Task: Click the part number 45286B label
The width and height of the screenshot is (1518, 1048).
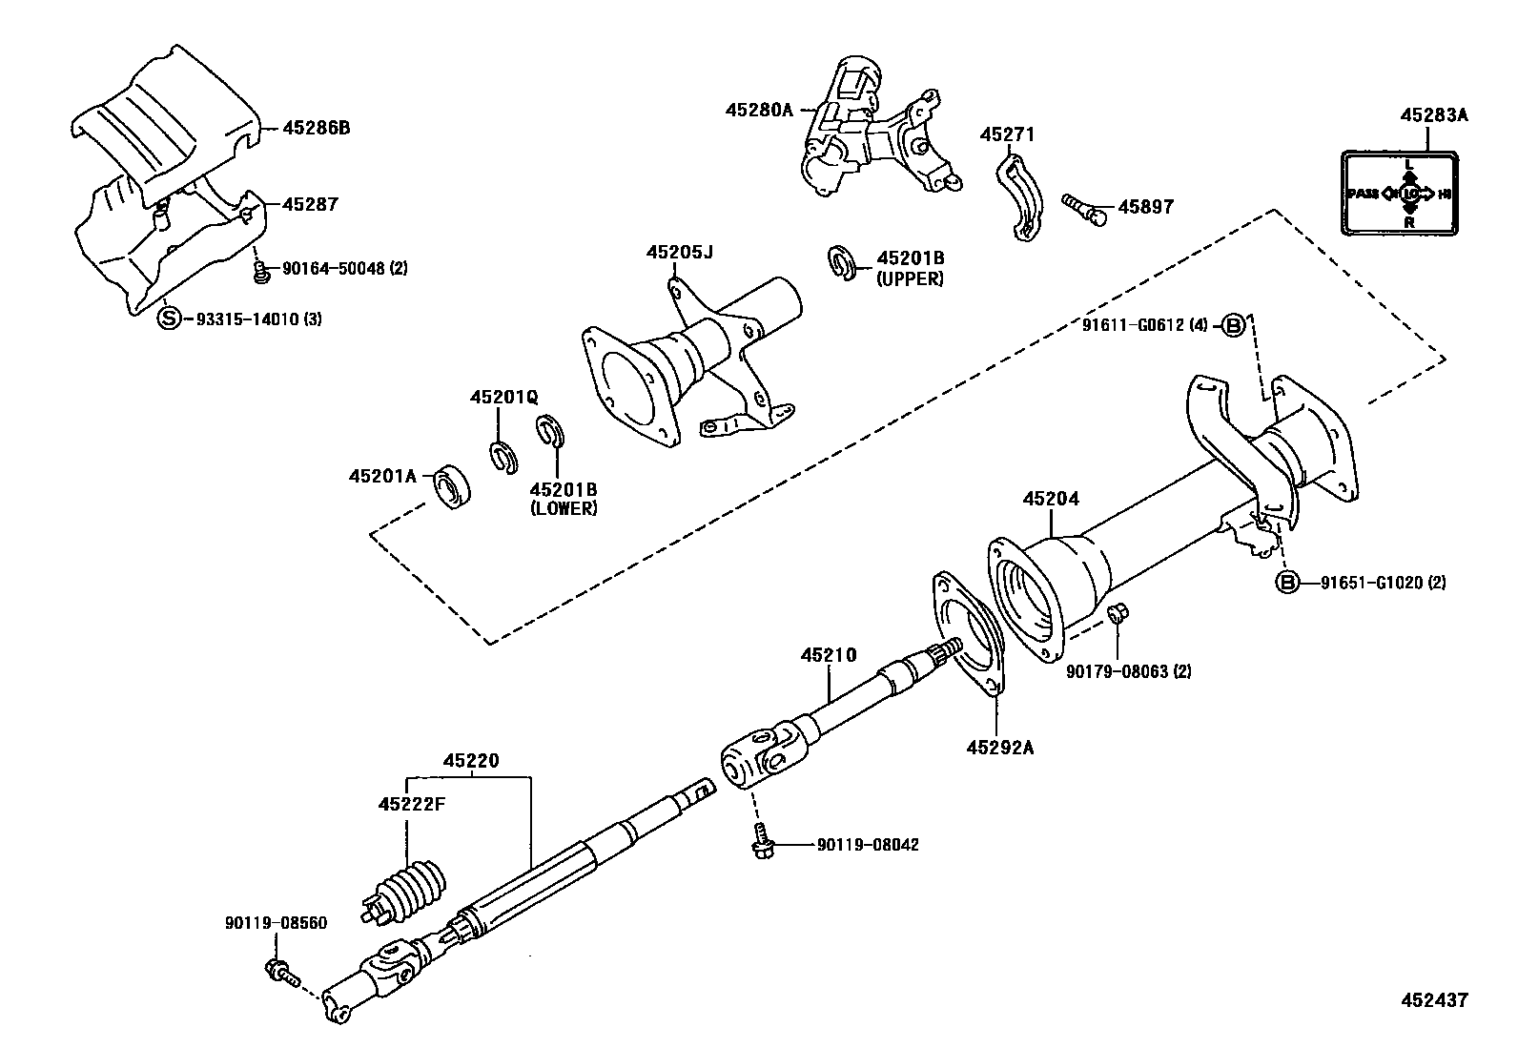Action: (316, 127)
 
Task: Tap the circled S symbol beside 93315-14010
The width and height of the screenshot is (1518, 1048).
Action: (168, 319)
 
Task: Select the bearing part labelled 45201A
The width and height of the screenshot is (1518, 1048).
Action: (453, 486)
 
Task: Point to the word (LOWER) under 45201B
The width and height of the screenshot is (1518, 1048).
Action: (564, 508)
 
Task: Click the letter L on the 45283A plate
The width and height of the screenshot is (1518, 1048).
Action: (1409, 164)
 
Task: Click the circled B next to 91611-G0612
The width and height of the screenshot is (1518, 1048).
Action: (1233, 326)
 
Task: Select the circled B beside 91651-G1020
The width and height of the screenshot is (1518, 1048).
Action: (1288, 583)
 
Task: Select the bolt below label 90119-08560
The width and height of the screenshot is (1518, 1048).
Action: (281, 973)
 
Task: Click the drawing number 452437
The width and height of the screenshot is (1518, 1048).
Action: (1433, 999)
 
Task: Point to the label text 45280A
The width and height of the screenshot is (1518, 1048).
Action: (759, 110)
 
